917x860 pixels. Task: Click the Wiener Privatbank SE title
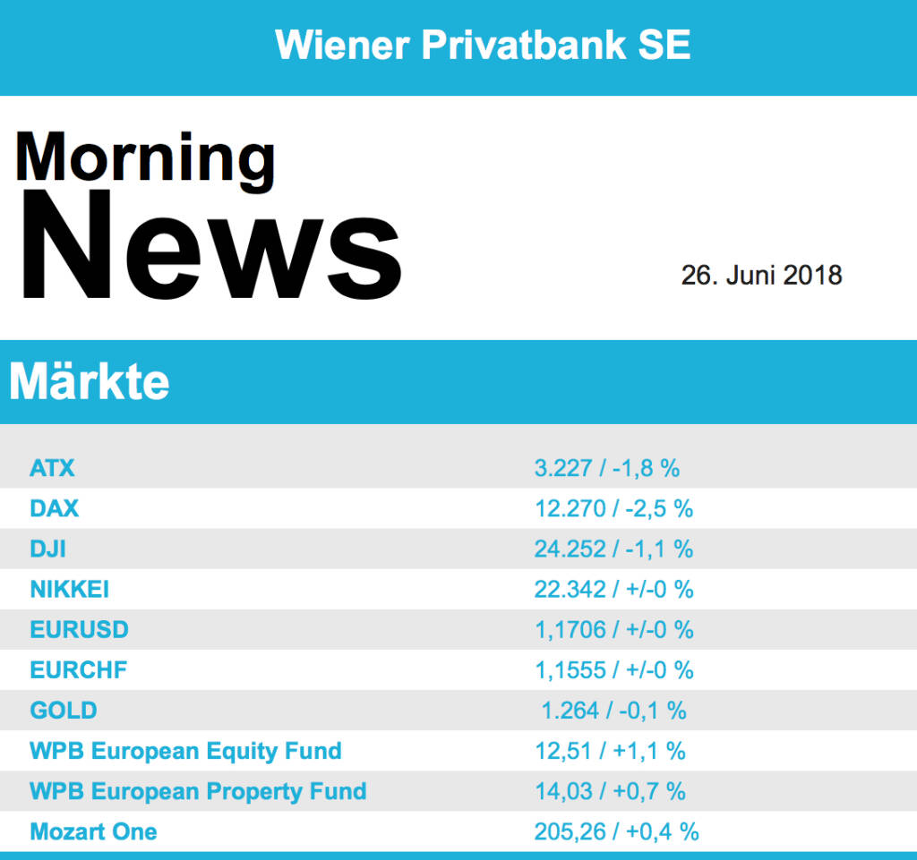pyautogui.click(x=483, y=45)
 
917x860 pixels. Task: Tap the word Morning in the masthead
pyautogui.click(x=145, y=158)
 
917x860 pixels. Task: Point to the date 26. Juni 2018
pyautogui.click(x=761, y=275)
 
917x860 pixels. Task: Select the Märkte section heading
pyautogui.click(x=90, y=382)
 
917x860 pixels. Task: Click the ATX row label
pyautogui.click(x=52, y=468)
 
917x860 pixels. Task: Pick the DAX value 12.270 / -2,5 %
pyautogui.click(x=613, y=509)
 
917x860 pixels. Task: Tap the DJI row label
pyautogui.click(x=47, y=549)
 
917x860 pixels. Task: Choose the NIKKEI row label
pyautogui.click(x=69, y=590)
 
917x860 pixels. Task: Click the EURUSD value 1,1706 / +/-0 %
pyautogui.click(x=613, y=630)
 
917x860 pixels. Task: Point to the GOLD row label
pyautogui.click(x=64, y=711)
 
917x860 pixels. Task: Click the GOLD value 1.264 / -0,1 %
pyautogui.click(x=613, y=711)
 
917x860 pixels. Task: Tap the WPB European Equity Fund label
pyautogui.click(x=185, y=751)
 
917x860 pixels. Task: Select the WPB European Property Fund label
pyautogui.click(x=198, y=791)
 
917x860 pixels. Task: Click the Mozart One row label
pyautogui.click(x=93, y=831)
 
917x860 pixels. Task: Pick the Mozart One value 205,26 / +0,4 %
pyautogui.click(x=616, y=831)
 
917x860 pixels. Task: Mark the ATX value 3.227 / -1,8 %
pyautogui.click(x=606, y=468)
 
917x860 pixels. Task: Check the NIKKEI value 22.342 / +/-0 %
pyautogui.click(x=613, y=590)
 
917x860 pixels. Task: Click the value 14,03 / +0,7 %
pyautogui.click(x=610, y=791)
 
